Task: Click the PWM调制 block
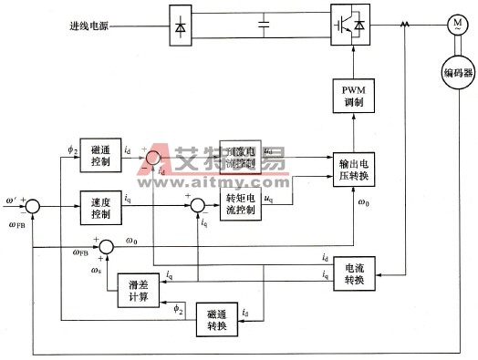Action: pyautogui.click(x=353, y=96)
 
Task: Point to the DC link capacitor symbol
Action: pyautogui.click(x=264, y=24)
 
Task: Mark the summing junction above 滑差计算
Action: pyautogui.click(x=107, y=246)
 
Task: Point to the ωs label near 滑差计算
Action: pyautogui.click(x=97, y=268)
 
